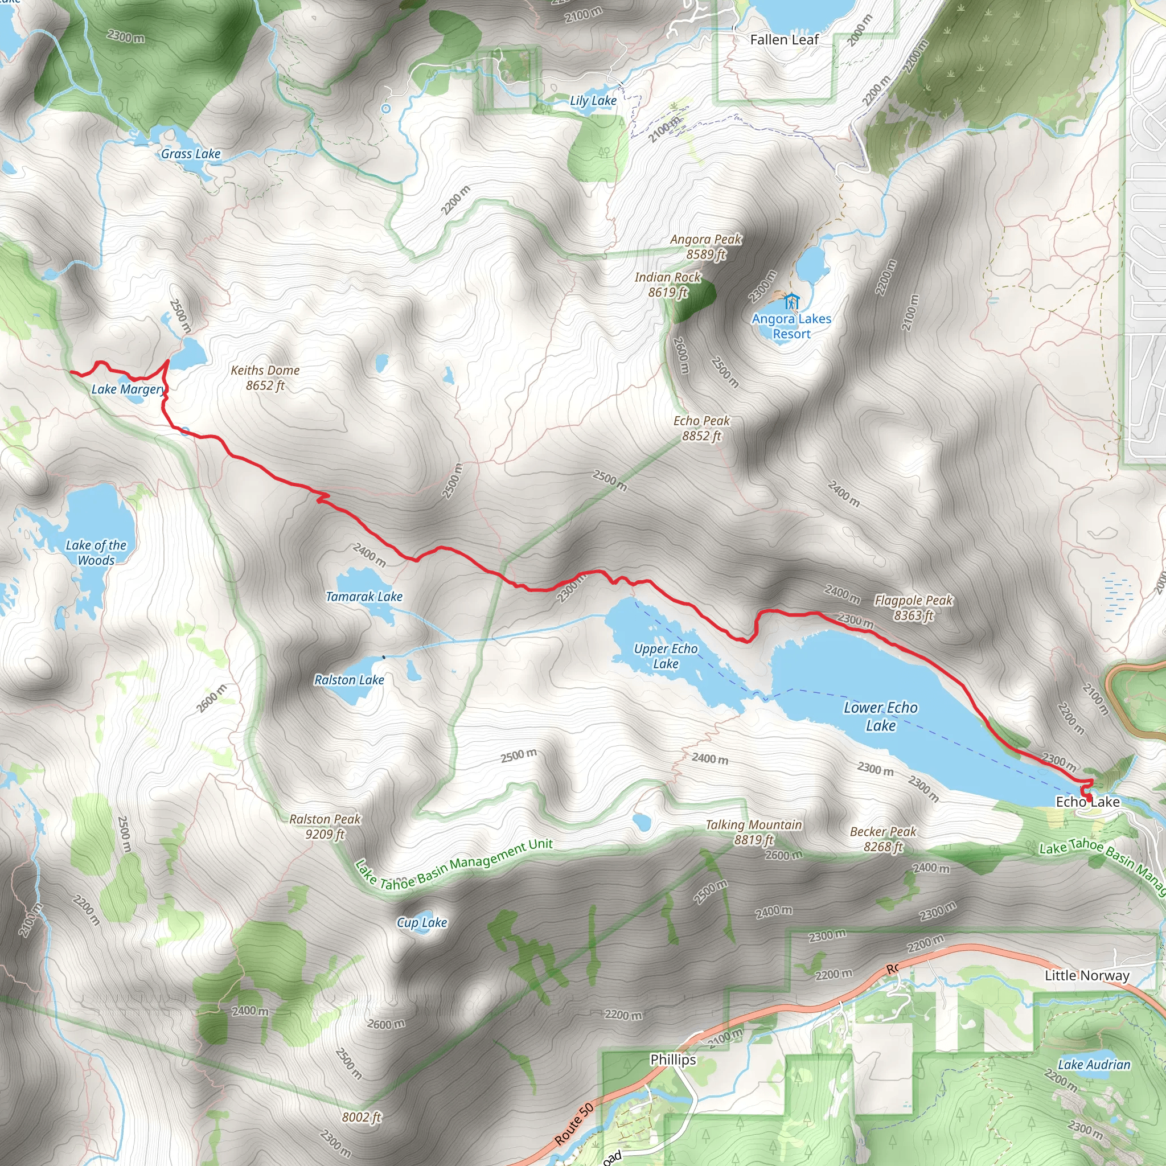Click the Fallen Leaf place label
click(x=784, y=40)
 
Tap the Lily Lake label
click(x=593, y=101)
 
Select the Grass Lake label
click(x=190, y=154)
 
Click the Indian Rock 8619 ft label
click(x=667, y=284)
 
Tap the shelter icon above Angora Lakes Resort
click(x=792, y=301)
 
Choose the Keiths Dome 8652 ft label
click(x=265, y=378)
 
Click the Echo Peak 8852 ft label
click(x=701, y=428)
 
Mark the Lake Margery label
click(x=128, y=389)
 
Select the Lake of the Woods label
click(x=96, y=552)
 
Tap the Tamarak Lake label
click(x=364, y=596)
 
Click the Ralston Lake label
click(x=349, y=680)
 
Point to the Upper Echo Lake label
click(x=665, y=656)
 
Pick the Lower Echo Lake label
click(x=881, y=716)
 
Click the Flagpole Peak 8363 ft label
click(x=913, y=607)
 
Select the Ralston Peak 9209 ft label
click(x=325, y=826)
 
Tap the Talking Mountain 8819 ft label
click(x=754, y=832)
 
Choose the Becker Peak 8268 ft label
click(x=883, y=839)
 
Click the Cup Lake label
click(x=422, y=922)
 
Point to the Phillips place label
click(x=673, y=1059)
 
